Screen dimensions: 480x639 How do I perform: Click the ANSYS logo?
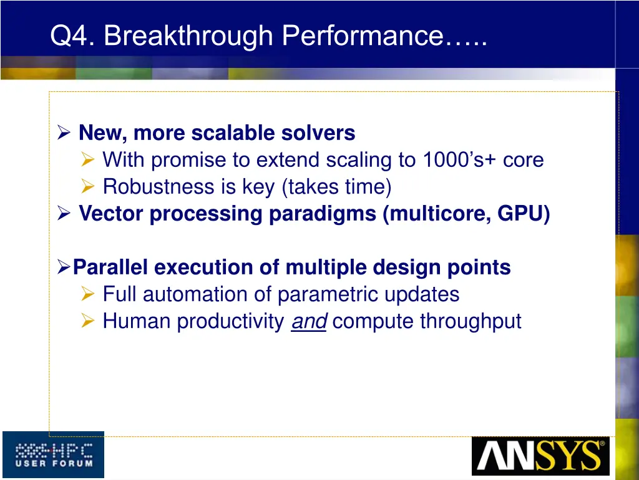tap(540, 456)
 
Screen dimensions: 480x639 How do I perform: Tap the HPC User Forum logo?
tap(53, 454)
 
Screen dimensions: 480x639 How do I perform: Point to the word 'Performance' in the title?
tap(362, 36)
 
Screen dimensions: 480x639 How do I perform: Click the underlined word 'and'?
tap(308, 321)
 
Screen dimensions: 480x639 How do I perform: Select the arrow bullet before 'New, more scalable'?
tap(64, 133)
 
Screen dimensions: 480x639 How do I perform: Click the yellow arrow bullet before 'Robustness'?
tap(89, 187)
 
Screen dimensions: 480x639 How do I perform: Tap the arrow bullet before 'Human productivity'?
tap(89, 321)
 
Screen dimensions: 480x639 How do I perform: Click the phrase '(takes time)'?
tap(336, 187)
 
